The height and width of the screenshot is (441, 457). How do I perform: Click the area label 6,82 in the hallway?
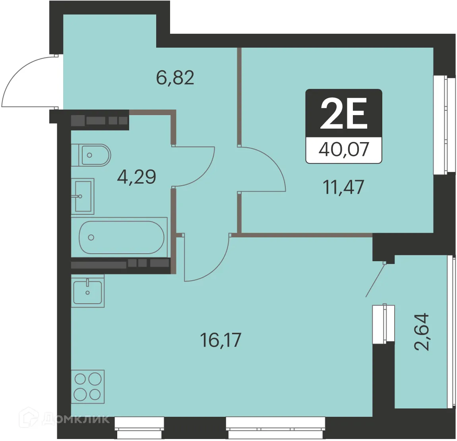tap(175, 78)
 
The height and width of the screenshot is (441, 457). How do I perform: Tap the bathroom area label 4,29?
tap(136, 177)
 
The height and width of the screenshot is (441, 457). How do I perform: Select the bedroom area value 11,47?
tap(344, 187)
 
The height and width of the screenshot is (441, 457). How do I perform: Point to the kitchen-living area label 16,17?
tap(221, 340)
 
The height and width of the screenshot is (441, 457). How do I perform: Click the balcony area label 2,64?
tap(422, 331)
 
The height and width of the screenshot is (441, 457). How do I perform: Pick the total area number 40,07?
tap(344, 150)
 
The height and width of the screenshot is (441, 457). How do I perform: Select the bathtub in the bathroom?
tap(121, 237)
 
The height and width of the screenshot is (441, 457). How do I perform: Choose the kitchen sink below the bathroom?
tap(87, 291)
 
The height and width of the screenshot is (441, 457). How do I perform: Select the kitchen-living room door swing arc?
tap(207, 260)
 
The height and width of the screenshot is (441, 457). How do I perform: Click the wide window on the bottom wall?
tap(275, 424)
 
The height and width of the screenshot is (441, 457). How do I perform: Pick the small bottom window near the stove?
tap(139, 424)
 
